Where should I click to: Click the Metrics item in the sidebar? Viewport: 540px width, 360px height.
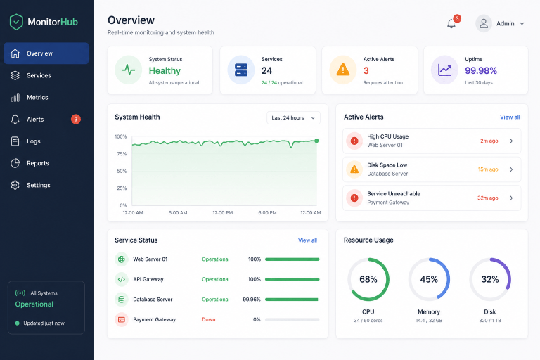37,98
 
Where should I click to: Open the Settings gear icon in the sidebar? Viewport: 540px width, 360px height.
15,185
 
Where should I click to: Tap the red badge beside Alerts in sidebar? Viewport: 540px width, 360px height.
76,120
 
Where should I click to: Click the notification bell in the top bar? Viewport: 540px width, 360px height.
451,23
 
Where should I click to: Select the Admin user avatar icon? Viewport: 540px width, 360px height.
484,23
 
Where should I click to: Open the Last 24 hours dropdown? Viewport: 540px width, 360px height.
293,118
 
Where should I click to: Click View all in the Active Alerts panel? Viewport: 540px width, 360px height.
510,117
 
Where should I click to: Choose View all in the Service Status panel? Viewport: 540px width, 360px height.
307,240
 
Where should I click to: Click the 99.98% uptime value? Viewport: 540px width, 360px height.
481,70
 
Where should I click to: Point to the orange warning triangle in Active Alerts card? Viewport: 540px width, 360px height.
342,70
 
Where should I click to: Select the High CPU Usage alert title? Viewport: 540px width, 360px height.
388,136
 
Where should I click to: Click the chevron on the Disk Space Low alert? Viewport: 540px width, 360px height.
511,169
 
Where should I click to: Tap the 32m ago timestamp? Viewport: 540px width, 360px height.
488,198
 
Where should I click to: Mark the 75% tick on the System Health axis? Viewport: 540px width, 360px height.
122,154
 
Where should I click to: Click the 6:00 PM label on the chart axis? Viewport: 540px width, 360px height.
267,213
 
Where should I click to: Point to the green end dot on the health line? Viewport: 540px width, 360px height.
316,141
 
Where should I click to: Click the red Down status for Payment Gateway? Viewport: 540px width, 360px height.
209,319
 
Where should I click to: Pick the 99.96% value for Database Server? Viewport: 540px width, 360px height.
252,300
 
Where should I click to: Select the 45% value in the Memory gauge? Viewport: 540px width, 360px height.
429,279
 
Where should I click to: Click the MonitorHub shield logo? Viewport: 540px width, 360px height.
16,22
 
